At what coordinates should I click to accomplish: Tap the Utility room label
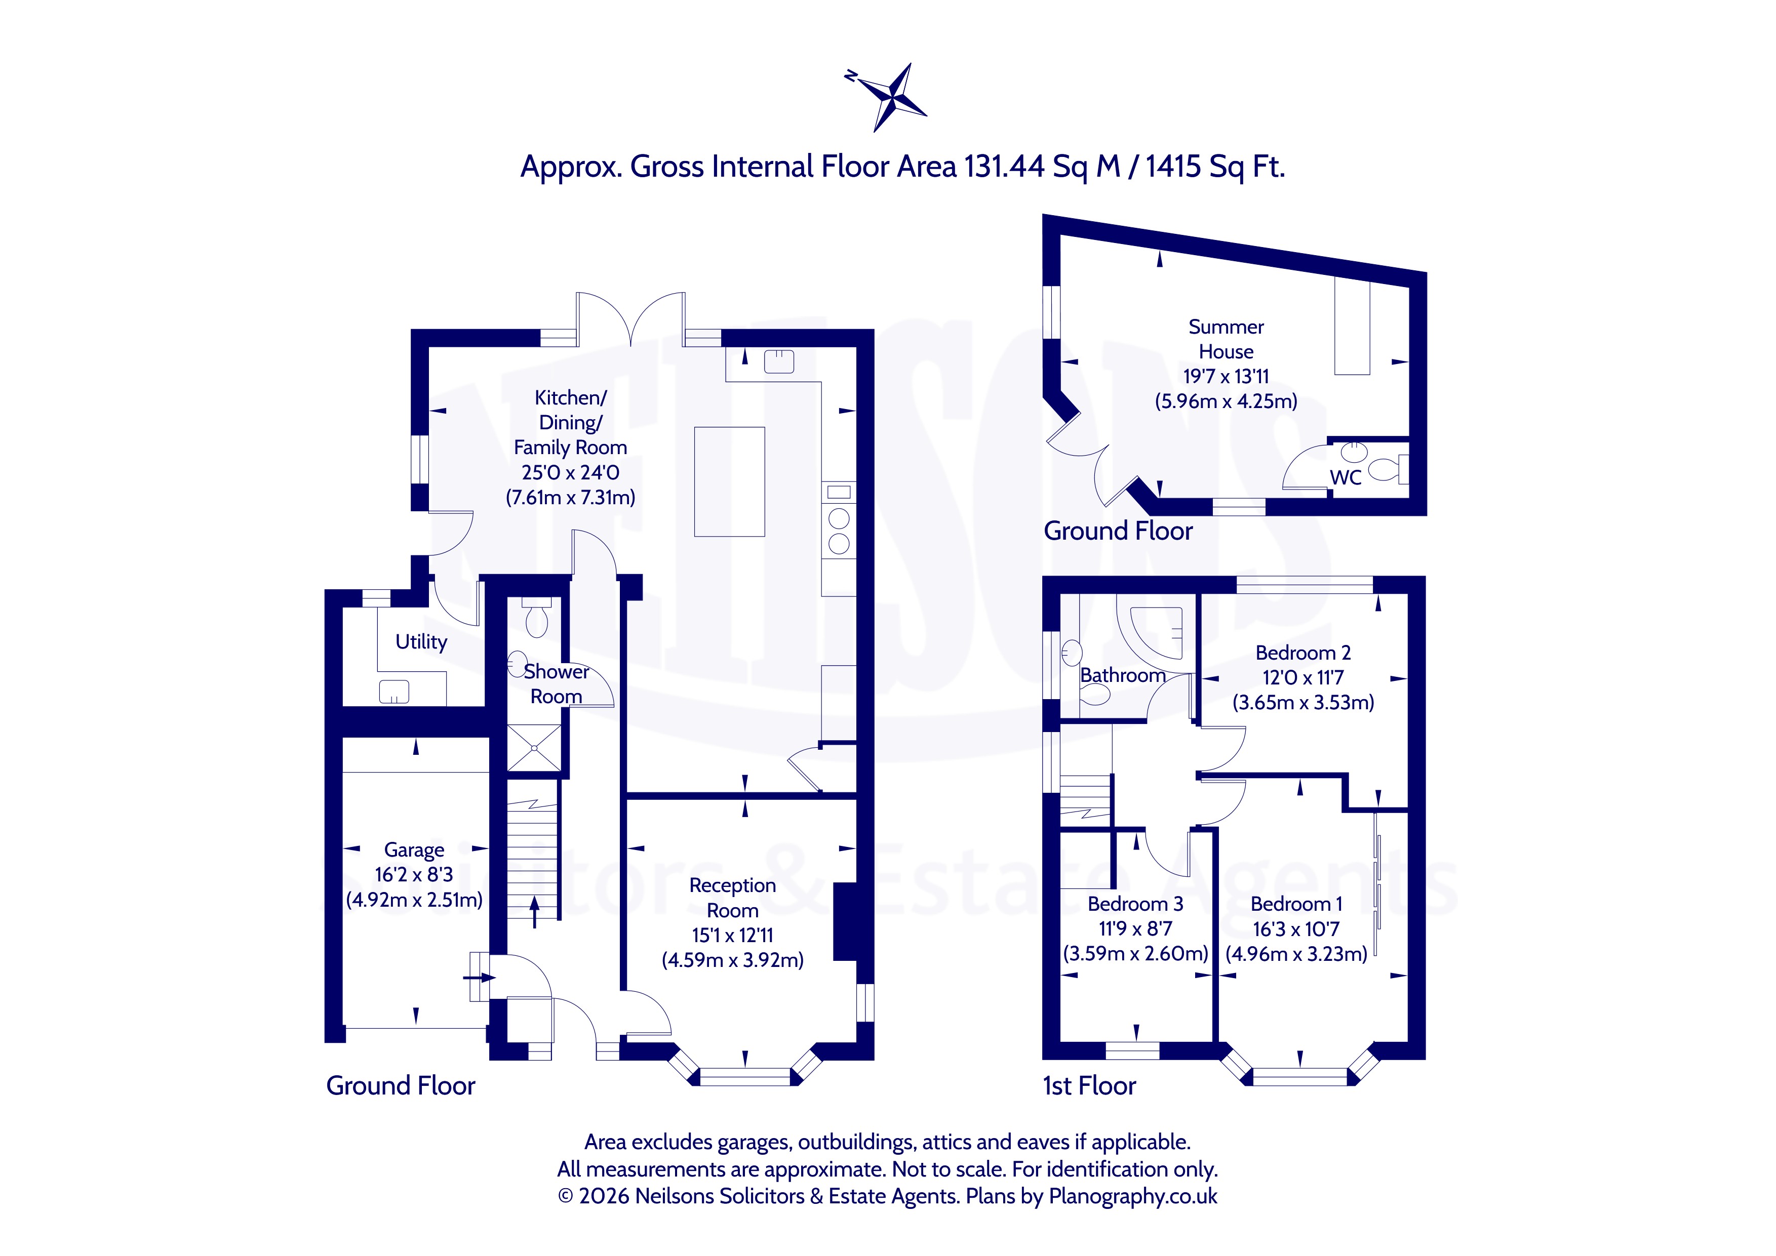pyautogui.click(x=421, y=642)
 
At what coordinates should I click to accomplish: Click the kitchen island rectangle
pyautogui.click(x=729, y=482)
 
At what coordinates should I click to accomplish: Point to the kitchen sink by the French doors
pyautogui.click(x=779, y=361)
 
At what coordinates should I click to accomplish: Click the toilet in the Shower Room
pyautogui.click(x=536, y=617)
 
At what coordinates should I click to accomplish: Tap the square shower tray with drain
pyautogui.click(x=534, y=748)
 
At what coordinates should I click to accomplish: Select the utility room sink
pyautogui.click(x=393, y=692)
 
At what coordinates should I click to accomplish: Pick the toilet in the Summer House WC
pyautogui.click(x=1389, y=469)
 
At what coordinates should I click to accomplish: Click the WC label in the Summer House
pyautogui.click(x=1346, y=478)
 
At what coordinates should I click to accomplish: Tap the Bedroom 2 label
pyautogui.click(x=1304, y=653)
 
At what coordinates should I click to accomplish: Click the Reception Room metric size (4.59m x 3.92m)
pyautogui.click(x=732, y=960)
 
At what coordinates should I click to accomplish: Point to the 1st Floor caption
pyautogui.click(x=1089, y=1086)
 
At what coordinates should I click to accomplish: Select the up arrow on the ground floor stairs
pyautogui.click(x=534, y=913)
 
